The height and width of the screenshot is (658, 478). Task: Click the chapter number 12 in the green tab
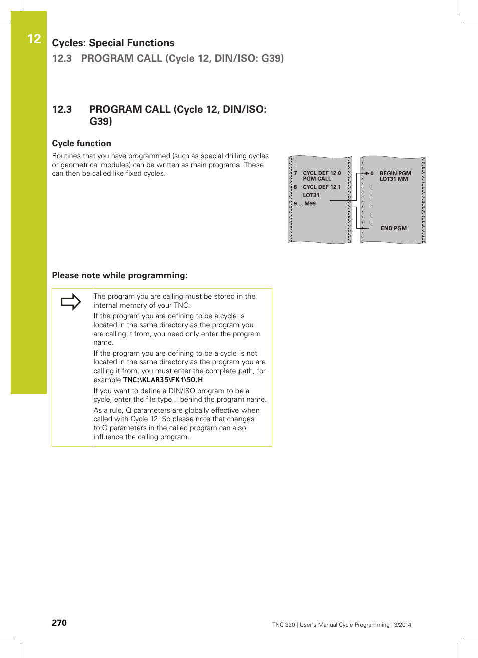(34, 39)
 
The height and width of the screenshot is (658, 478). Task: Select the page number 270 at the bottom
(59, 622)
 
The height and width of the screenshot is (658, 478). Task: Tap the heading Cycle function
(81, 143)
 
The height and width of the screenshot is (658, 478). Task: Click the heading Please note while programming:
(119, 275)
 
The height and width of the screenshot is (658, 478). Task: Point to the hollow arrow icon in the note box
(71, 302)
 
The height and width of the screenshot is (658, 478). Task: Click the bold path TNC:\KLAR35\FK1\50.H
(163, 380)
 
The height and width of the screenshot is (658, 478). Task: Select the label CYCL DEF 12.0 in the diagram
(321, 173)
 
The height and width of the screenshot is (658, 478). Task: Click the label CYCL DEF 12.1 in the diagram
(321, 187)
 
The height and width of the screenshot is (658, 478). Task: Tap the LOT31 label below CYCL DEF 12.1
(311, 195)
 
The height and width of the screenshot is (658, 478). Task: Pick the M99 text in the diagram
(310, 204)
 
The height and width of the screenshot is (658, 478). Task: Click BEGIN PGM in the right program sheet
(395, 173)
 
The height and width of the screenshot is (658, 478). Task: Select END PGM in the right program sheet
(393, 228)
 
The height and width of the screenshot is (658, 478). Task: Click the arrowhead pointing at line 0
(367, 173)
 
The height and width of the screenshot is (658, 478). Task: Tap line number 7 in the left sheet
(295, 173)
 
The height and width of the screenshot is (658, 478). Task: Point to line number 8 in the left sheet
(295, 187)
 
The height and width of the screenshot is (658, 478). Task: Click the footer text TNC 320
(283, 625)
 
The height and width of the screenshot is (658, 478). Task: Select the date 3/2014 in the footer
(402, 625)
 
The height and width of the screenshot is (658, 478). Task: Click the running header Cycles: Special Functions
(113, 43)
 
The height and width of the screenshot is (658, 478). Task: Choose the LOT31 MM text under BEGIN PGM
(393, 179)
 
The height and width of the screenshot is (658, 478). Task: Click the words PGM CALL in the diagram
(317, 179)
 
